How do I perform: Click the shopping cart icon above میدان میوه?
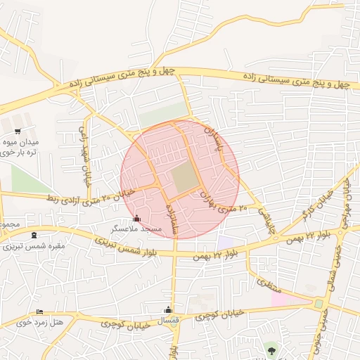pos(18,131)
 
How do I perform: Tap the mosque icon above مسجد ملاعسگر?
pos(136,218)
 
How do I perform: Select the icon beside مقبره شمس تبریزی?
pos(34,236)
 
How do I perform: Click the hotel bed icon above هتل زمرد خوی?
pos(39,311)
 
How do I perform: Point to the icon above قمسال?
pos(167,309)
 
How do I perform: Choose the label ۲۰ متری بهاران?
pos(224,204)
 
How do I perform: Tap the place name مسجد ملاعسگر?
pos(136,229)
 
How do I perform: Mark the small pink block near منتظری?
pos(281,300)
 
